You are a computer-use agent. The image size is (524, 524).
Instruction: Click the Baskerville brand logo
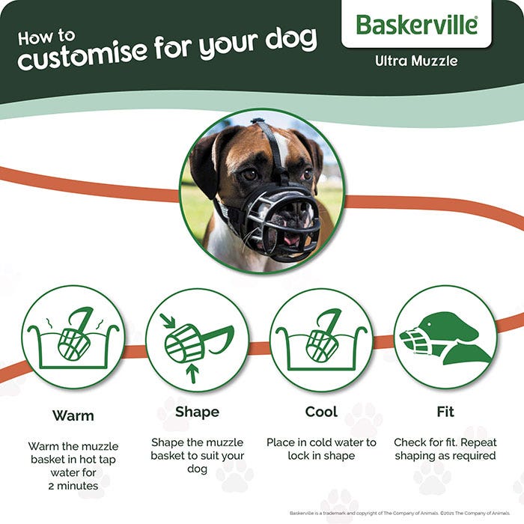(416, 25)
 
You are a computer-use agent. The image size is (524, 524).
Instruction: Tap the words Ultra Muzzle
(416, 61)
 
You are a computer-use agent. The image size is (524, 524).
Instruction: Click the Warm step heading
(73, 414)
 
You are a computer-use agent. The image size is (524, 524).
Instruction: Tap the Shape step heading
(197, 412)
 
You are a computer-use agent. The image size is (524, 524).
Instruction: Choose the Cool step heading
(321, 412)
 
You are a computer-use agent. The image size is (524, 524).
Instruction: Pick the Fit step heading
(445, 412)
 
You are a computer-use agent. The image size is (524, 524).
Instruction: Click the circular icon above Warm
(73, 338)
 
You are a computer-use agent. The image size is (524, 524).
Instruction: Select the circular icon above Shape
(197, 338)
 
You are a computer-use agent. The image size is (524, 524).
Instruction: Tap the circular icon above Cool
(321, 338)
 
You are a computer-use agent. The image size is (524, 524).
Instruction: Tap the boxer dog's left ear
(204, 161)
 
